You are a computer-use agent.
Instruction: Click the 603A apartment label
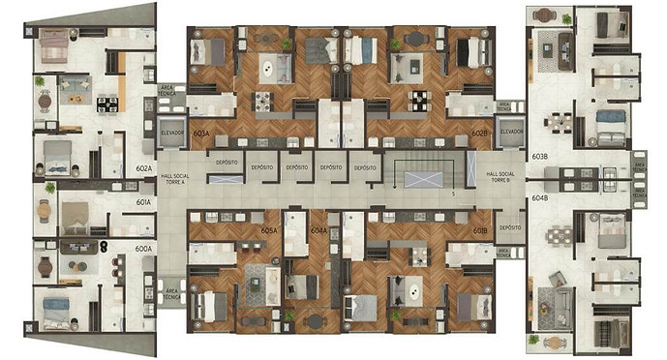coord(201,133)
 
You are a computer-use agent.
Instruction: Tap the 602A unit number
coord(143,168)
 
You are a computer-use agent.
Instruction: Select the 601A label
coord(143,202)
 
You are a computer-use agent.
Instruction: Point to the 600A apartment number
coord(143,249)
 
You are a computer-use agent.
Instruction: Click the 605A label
coord(269,231)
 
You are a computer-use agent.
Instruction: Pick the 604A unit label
coord(319,231)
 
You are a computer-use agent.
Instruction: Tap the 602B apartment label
coord(479,133)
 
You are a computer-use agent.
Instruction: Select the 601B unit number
coord(480,231)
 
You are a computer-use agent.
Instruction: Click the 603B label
coord(540,156)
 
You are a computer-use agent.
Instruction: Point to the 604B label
coord(540,198)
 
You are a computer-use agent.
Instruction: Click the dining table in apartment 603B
coord(557,124)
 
